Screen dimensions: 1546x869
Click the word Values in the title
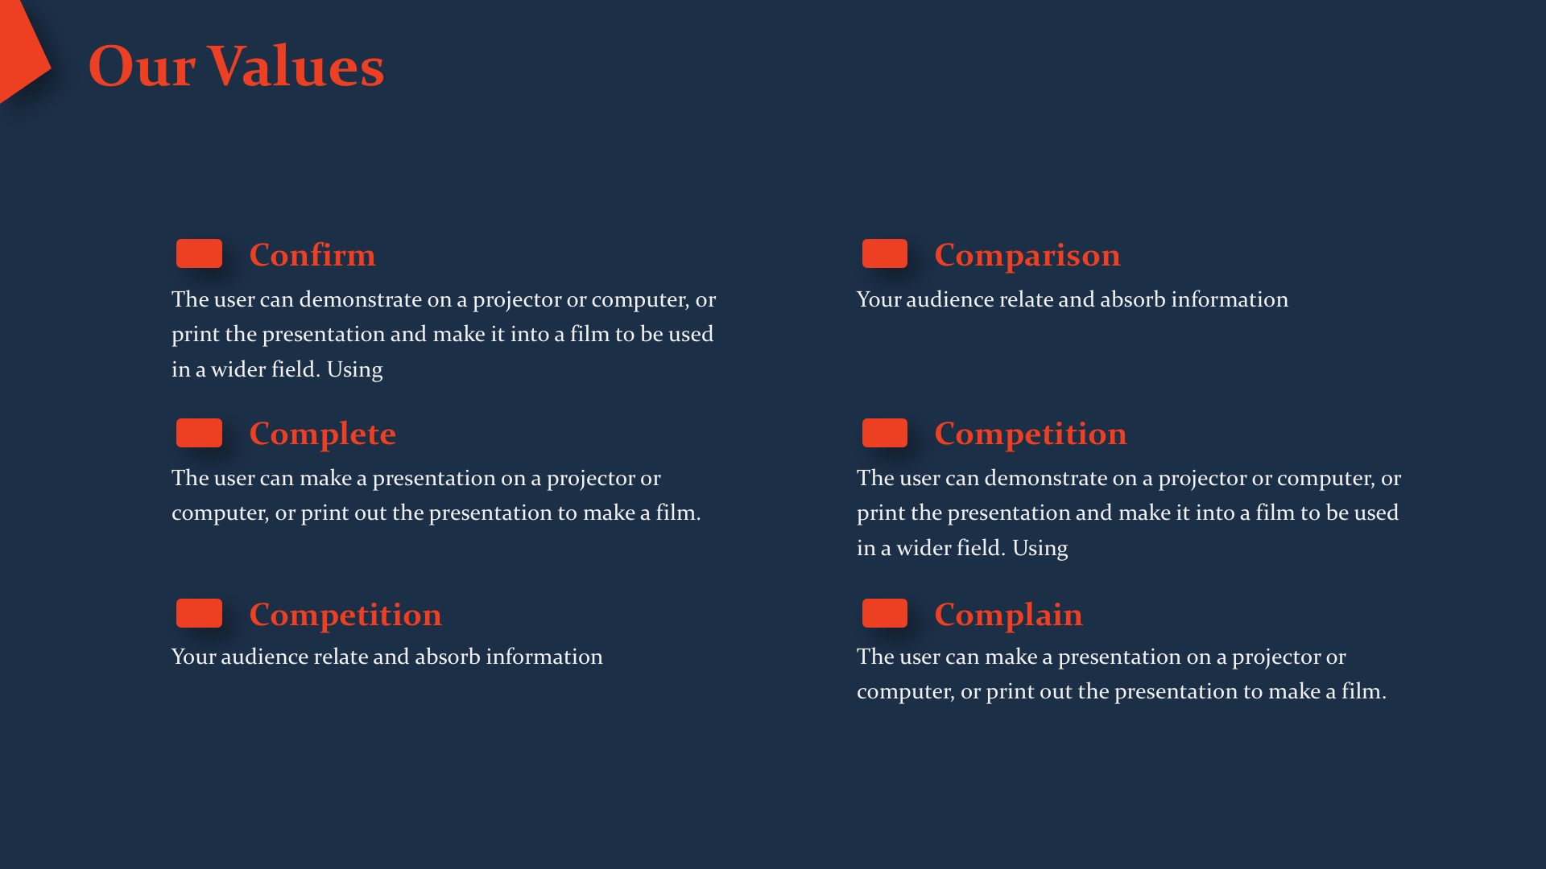tap(296, 66)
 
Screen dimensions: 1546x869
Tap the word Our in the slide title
tap(142, 66)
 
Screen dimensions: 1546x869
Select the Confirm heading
tap(312, 255)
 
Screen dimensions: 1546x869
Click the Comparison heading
tap(1027, 255)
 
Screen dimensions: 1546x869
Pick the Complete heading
tap(323, 434)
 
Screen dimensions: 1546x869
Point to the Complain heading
tap(1009, 615)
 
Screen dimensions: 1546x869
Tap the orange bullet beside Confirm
tap(199, 253)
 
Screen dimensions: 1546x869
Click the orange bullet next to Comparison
tap(885, 253)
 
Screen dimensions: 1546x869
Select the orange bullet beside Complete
tap(199, 433)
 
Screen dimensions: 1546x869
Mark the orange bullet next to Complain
tap(885, 613)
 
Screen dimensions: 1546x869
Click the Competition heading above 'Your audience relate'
tap(345, 615)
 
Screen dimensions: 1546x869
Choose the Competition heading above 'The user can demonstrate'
tap(1031, 434)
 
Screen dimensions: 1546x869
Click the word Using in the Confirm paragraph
tap(355, 370)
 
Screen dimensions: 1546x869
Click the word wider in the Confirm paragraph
tap(238, 369)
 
